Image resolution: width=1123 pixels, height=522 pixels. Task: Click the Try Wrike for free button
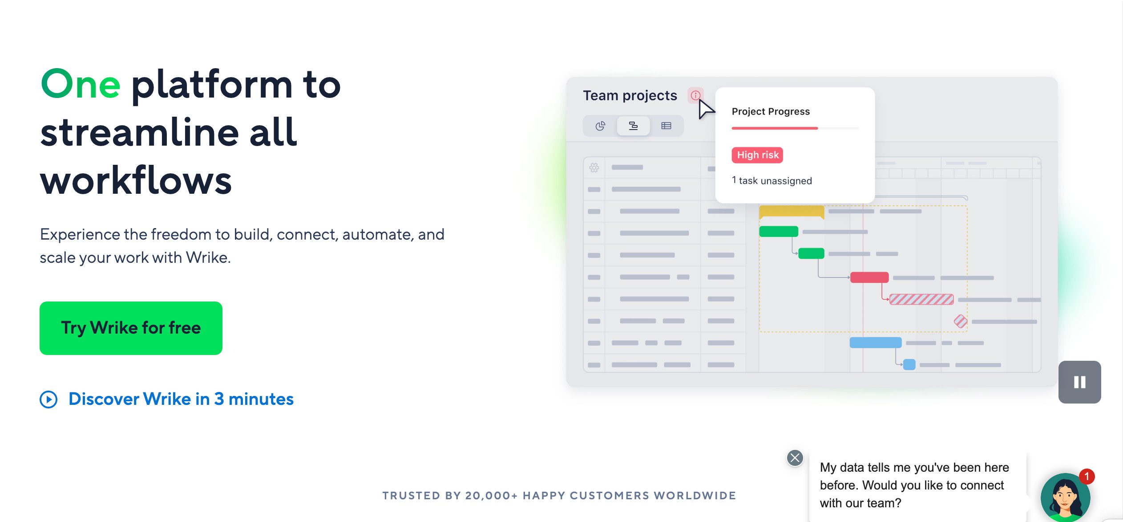tap(131, 328)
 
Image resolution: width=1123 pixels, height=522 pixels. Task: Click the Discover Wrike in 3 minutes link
tap(181, 399)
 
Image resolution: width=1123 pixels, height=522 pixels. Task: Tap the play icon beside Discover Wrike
tap(48, 400)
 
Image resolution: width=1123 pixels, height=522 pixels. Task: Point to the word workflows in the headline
tap(136, 181)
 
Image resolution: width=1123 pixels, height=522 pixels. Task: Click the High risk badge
tap(757, 155)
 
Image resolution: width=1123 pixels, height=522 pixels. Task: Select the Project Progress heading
tap(771, 111)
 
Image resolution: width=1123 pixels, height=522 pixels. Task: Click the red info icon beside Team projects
tap(695, 95)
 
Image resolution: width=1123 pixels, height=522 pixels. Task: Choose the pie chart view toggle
tap(600, 126)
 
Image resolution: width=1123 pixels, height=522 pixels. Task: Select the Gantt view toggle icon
tap(633, 126)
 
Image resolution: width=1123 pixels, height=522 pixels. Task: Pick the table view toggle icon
tap(666, 126)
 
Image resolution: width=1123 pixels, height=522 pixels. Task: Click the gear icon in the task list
tap(594, 167)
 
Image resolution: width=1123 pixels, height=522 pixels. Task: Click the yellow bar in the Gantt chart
tap(792, 212)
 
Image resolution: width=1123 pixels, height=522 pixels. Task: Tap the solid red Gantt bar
tap(869, 277)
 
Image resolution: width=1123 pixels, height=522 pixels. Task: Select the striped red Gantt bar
tap(921, 299)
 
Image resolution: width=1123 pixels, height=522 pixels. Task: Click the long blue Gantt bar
tap(876, 343)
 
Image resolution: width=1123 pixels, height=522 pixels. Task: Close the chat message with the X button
tap(795, 457)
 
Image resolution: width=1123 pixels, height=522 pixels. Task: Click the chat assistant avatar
tap(1065, 498)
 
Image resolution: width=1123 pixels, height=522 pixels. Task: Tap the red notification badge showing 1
tap(1087, 477)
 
